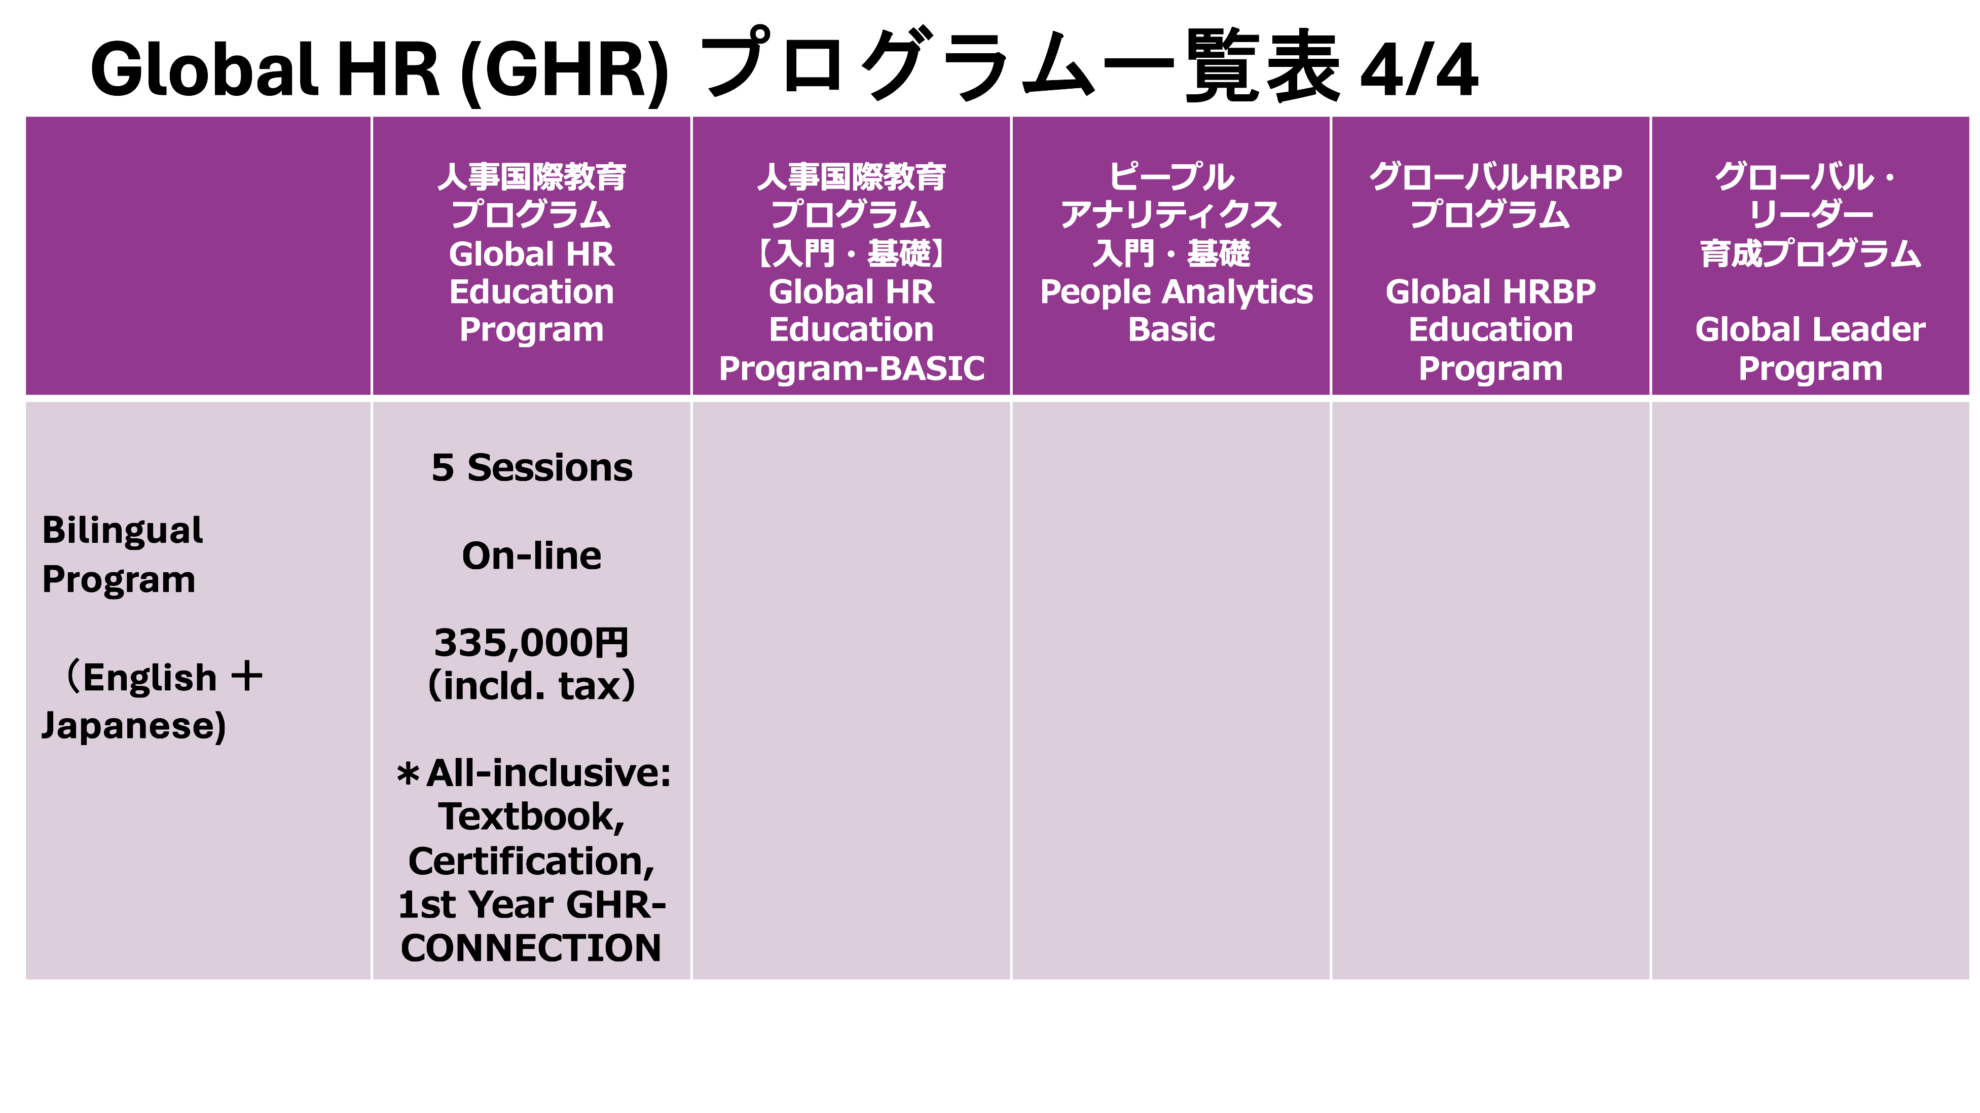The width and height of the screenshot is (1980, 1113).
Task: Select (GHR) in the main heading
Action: click(x=565, y=71)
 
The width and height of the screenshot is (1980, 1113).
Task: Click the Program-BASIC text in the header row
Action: click(x=852, y=368)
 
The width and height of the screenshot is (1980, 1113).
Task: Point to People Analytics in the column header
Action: click(x=1176, y=292)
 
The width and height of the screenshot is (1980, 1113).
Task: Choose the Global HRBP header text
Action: click(x=1490, y=291)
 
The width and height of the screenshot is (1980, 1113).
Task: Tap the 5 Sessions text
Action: click(x=532, y=467)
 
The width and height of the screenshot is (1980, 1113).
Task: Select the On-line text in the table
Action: click(x=532, y=555)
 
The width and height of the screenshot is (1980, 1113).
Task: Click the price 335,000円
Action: click(x=532, y=643)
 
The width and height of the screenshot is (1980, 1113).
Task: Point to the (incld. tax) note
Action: click(x=532, y=686)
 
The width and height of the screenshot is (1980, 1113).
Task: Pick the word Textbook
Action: click(x=532, y=817)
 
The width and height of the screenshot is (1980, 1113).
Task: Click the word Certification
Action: click(x=532, y=861)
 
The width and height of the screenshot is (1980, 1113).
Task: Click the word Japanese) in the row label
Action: click(x=134, y=726)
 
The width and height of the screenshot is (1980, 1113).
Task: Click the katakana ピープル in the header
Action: click(x=1171, y=177)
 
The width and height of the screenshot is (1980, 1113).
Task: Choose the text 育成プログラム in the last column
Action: click(x=1810, y=253)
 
